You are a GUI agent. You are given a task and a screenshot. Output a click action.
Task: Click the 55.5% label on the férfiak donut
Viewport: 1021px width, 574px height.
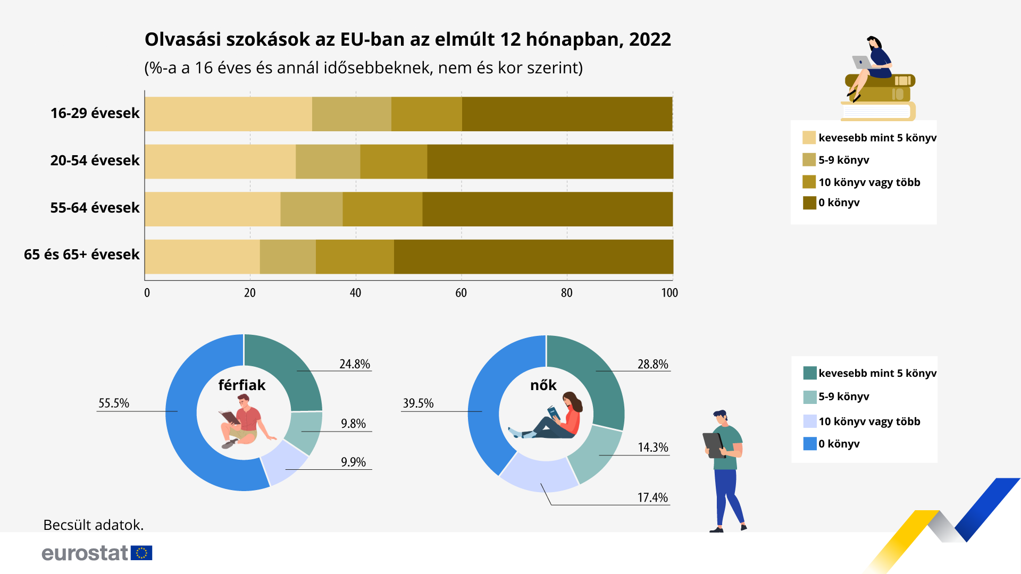[114, 403]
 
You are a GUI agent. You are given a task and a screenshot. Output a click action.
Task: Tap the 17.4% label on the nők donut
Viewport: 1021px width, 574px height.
[652, 497]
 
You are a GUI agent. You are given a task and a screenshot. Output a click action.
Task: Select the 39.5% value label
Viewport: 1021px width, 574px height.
[418, 403]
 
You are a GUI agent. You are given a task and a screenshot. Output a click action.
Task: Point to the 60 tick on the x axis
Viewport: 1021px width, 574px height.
[461, 293]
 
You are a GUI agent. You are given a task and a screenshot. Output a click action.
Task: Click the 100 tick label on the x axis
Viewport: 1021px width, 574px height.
[669, 293]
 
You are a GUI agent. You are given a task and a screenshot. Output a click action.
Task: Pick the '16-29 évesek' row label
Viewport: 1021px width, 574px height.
[95, 113]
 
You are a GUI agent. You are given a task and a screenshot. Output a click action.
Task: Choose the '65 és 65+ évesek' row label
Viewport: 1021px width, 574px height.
[81, 255]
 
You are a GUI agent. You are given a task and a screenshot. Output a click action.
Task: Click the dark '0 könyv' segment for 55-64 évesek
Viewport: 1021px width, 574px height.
[547, 209]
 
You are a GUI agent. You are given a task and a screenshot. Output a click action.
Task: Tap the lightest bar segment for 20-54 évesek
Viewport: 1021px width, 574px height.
[220, 162]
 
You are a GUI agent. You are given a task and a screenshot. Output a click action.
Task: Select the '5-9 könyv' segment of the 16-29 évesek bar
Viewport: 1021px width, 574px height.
[352, 114]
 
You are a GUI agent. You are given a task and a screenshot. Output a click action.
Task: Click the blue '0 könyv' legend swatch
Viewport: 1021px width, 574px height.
[809, 444]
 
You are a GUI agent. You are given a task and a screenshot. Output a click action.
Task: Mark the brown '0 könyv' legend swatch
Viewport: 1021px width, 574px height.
[809, 202]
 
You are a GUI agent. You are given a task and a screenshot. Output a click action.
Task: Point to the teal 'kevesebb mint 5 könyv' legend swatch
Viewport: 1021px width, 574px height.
[809, 373]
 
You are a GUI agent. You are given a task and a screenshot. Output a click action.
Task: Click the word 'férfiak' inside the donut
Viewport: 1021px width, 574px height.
[241, 385]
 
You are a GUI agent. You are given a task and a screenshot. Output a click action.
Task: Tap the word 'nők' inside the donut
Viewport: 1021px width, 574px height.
[543, 385]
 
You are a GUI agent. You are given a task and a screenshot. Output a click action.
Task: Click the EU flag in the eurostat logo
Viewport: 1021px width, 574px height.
[141, 553]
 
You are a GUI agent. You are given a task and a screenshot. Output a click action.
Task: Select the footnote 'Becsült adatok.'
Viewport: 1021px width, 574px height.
[94, 525]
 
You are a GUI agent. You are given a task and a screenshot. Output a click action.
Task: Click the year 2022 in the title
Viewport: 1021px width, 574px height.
[650, 39]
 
